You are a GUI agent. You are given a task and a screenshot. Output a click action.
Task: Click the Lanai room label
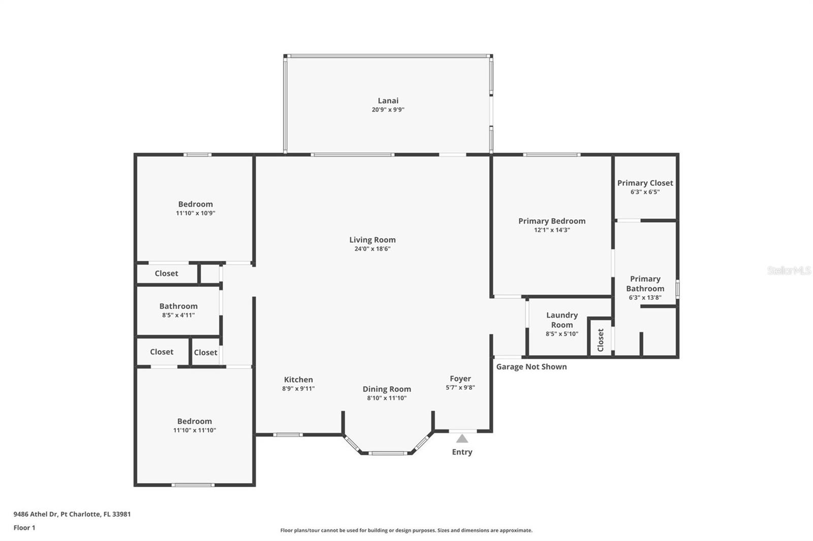(x=388, y=101)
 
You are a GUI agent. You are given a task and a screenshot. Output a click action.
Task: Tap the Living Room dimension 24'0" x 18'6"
(x=372, y=249)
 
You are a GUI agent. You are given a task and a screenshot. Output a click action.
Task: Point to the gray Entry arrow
(x=462, y=439)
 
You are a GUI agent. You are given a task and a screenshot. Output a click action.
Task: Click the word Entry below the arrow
(x=462, y=452)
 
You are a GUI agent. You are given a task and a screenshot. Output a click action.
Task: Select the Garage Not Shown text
(x=531, y=366)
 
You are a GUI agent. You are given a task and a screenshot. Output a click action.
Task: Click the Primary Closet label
(x=645, y=183)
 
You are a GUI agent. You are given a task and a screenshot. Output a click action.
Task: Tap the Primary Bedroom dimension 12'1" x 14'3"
(x=552, y=230)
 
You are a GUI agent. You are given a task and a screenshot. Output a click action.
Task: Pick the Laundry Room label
(x=562, y=320)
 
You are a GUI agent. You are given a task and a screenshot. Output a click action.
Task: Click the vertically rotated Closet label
(x=600, y=340)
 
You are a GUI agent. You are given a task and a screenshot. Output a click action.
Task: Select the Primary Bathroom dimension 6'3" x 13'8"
(x=645, y=298)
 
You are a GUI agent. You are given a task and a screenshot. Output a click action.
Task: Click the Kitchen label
(x=298, y=380)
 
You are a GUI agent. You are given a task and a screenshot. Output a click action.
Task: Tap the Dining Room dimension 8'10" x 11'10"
(x=387, y=398)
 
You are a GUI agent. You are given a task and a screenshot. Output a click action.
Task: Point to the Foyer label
(x=460, y=379)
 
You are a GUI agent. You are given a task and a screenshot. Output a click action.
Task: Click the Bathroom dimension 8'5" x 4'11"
(x=178, y=315)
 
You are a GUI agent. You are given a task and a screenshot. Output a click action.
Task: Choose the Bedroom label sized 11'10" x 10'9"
(x=195, y=204)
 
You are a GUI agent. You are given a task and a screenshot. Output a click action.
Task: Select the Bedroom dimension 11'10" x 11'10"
(x=195, y=430)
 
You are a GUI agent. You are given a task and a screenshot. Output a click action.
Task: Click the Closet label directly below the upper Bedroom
(x=166, y=274)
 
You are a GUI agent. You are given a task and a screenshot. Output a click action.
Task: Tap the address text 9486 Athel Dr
(x=35, y=514)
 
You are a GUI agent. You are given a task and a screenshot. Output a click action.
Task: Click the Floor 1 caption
(x=24, y=528)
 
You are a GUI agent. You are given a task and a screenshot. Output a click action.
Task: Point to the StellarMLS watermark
(x=789, y=270)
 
